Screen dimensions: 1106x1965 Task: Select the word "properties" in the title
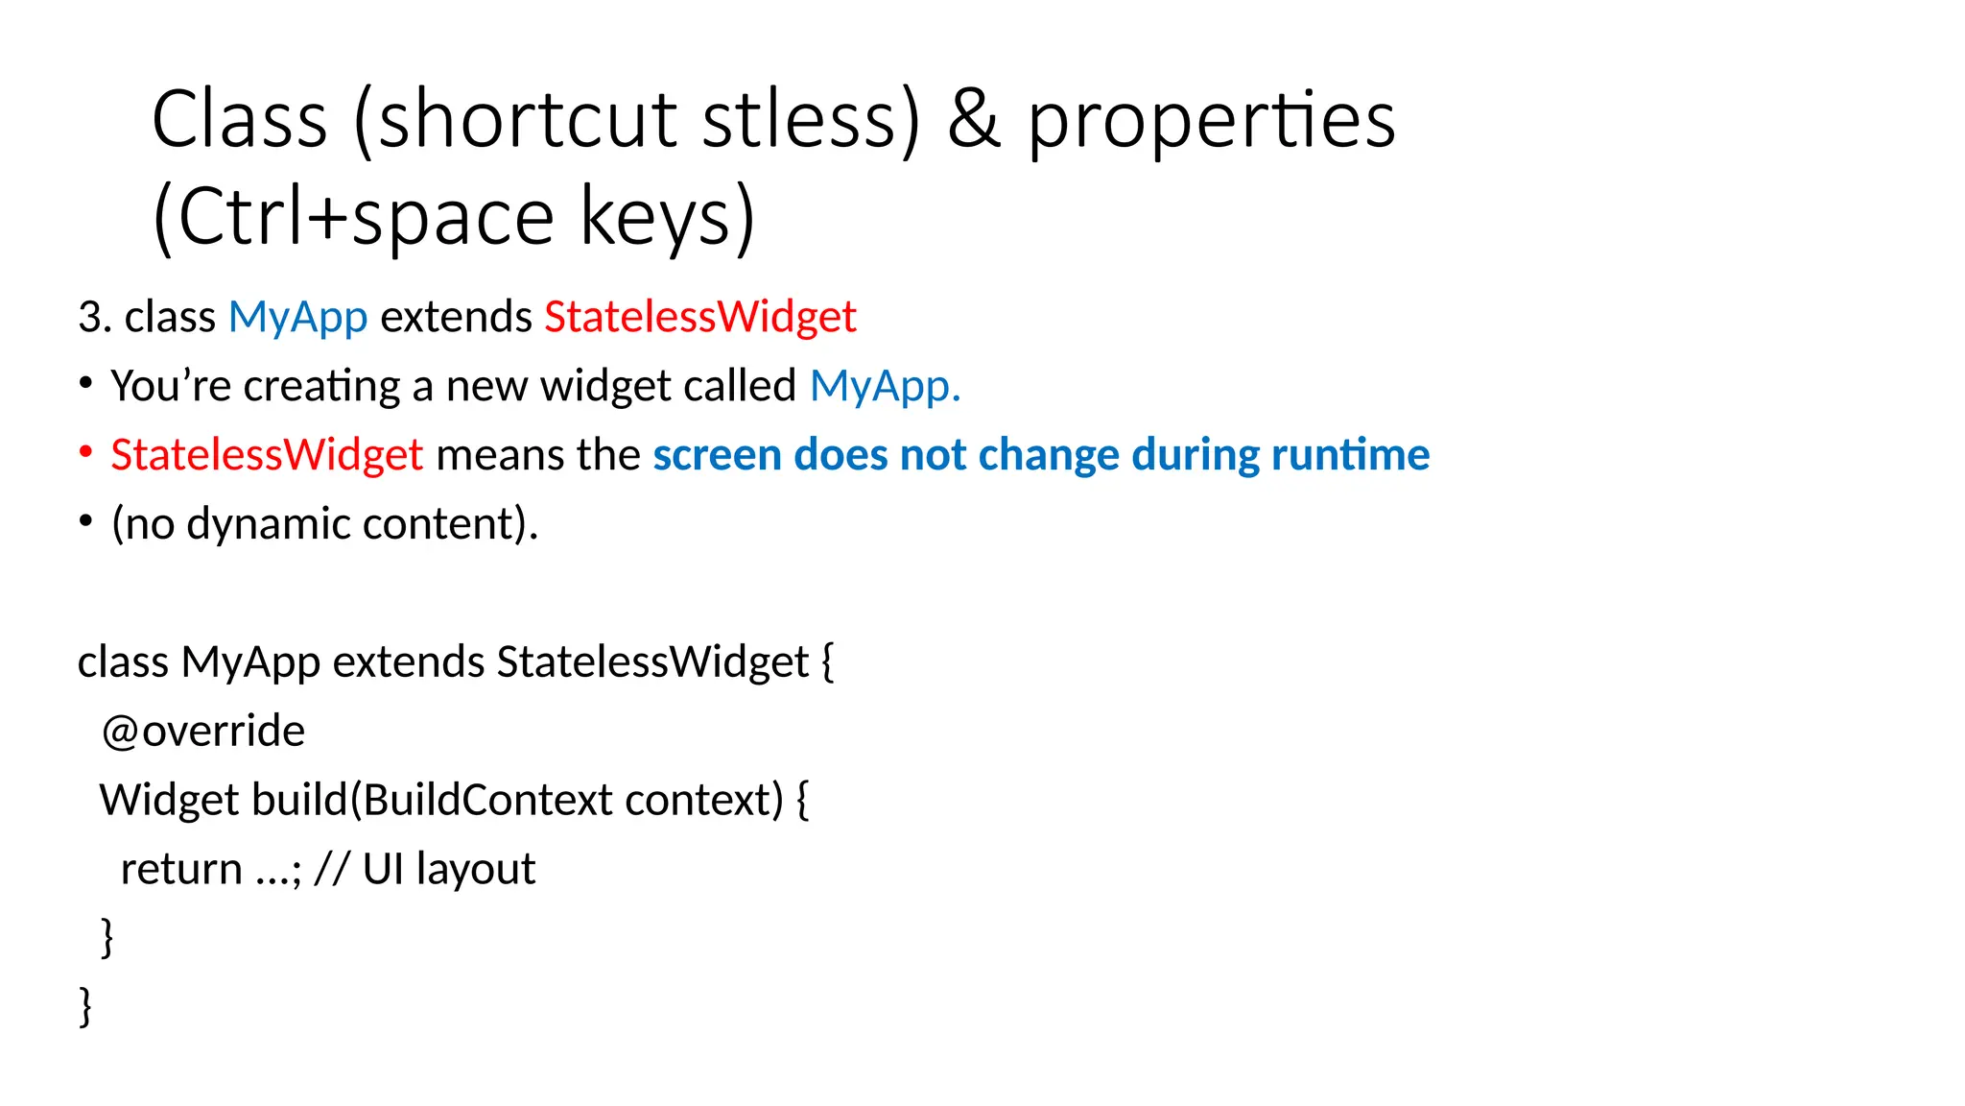(1211, 123)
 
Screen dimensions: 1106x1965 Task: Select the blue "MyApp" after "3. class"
(297, 317)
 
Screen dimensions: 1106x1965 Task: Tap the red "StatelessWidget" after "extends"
(700, 317)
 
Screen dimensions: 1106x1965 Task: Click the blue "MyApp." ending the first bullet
(885, 386)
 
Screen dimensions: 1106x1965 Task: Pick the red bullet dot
(85, 452)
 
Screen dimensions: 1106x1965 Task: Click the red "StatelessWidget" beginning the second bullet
(267, 455)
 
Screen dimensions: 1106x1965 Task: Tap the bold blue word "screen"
(717, 455)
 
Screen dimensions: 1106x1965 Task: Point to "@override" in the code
(203, 732)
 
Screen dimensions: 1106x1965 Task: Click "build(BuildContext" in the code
(432, 800)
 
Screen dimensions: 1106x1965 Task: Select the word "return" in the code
(181, 869)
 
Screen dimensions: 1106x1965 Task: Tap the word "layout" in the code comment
(475, 870)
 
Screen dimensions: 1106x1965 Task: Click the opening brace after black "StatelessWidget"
(827, 662)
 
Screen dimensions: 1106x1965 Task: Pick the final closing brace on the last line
(85, 1006)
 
